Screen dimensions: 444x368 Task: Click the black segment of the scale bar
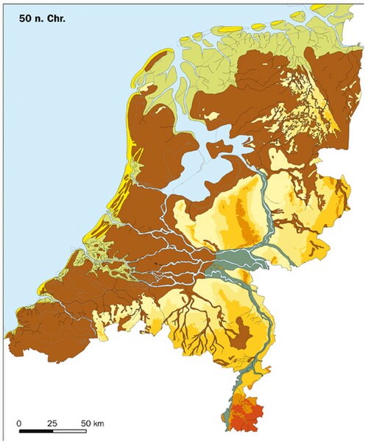pos(36,431)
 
